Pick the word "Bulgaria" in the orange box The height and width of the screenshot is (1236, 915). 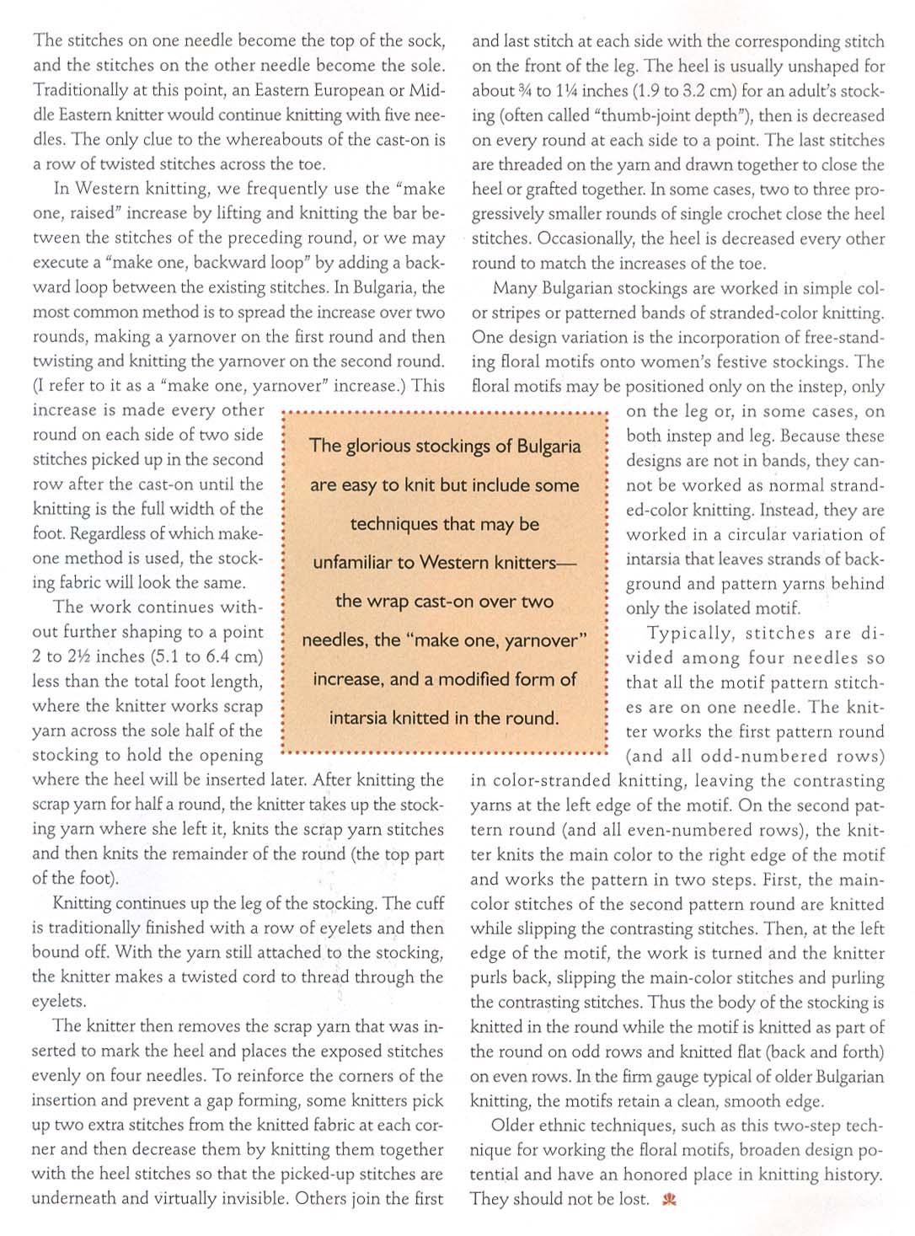click(549, 446)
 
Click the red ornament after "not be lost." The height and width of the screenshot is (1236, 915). click(670, 1199)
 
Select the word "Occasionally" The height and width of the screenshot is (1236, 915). click(588, 239)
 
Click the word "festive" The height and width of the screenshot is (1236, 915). click(757, 362)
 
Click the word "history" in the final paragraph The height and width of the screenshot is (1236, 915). click(852, 1174)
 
